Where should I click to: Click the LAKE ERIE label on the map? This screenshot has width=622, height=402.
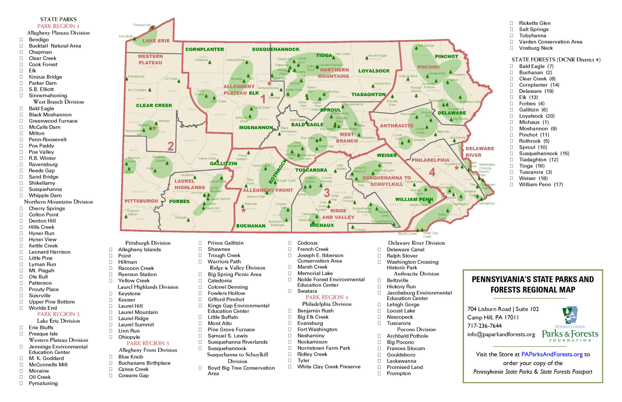(x=156, y=41)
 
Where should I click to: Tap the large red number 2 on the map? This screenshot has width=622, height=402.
(x=171, y=146)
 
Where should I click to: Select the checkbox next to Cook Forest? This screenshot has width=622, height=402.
(x=21, y=64)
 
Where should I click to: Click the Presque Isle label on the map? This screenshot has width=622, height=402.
(x=142, y=25)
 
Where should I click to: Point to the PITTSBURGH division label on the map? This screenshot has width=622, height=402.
(x=141, y=201)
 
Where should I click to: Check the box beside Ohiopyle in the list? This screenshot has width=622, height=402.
(x=111, y=337)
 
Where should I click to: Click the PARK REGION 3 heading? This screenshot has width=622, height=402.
(x=148, y=343)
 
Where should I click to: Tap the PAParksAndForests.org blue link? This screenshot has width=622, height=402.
(x=552, y=354)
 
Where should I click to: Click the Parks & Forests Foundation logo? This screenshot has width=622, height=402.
(x=570, y=325)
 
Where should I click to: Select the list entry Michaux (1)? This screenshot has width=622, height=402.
(x=534, y=122)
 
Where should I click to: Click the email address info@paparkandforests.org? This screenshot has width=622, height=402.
(x=501, y=334)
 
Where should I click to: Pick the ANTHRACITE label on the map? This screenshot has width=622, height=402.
(x=396, y=126)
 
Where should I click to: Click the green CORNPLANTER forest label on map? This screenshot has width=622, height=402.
(x=204, y=49)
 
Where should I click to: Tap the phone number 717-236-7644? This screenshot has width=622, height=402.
(x=484, y=326)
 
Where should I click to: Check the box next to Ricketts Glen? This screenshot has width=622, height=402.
(x=511, y=23)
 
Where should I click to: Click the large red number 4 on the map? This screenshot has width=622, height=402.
(x=432, y=173)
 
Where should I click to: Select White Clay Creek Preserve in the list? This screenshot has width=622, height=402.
(x=329, y=367)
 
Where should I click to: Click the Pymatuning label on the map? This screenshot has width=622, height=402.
(x=136, y=76)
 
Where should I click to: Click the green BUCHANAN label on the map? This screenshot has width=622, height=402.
(x=251, y=226)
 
